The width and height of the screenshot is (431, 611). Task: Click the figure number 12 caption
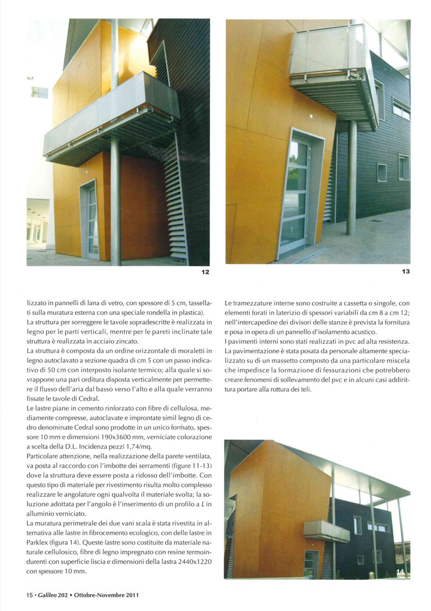(x=205, y=272)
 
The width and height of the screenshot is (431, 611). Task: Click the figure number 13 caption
(x=406, y=272)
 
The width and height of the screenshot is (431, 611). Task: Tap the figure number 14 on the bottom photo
(x=402, y=572)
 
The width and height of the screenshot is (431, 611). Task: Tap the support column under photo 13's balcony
(x=351, y=178)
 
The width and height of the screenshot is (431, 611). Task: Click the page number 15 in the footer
(x=30, y=595)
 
